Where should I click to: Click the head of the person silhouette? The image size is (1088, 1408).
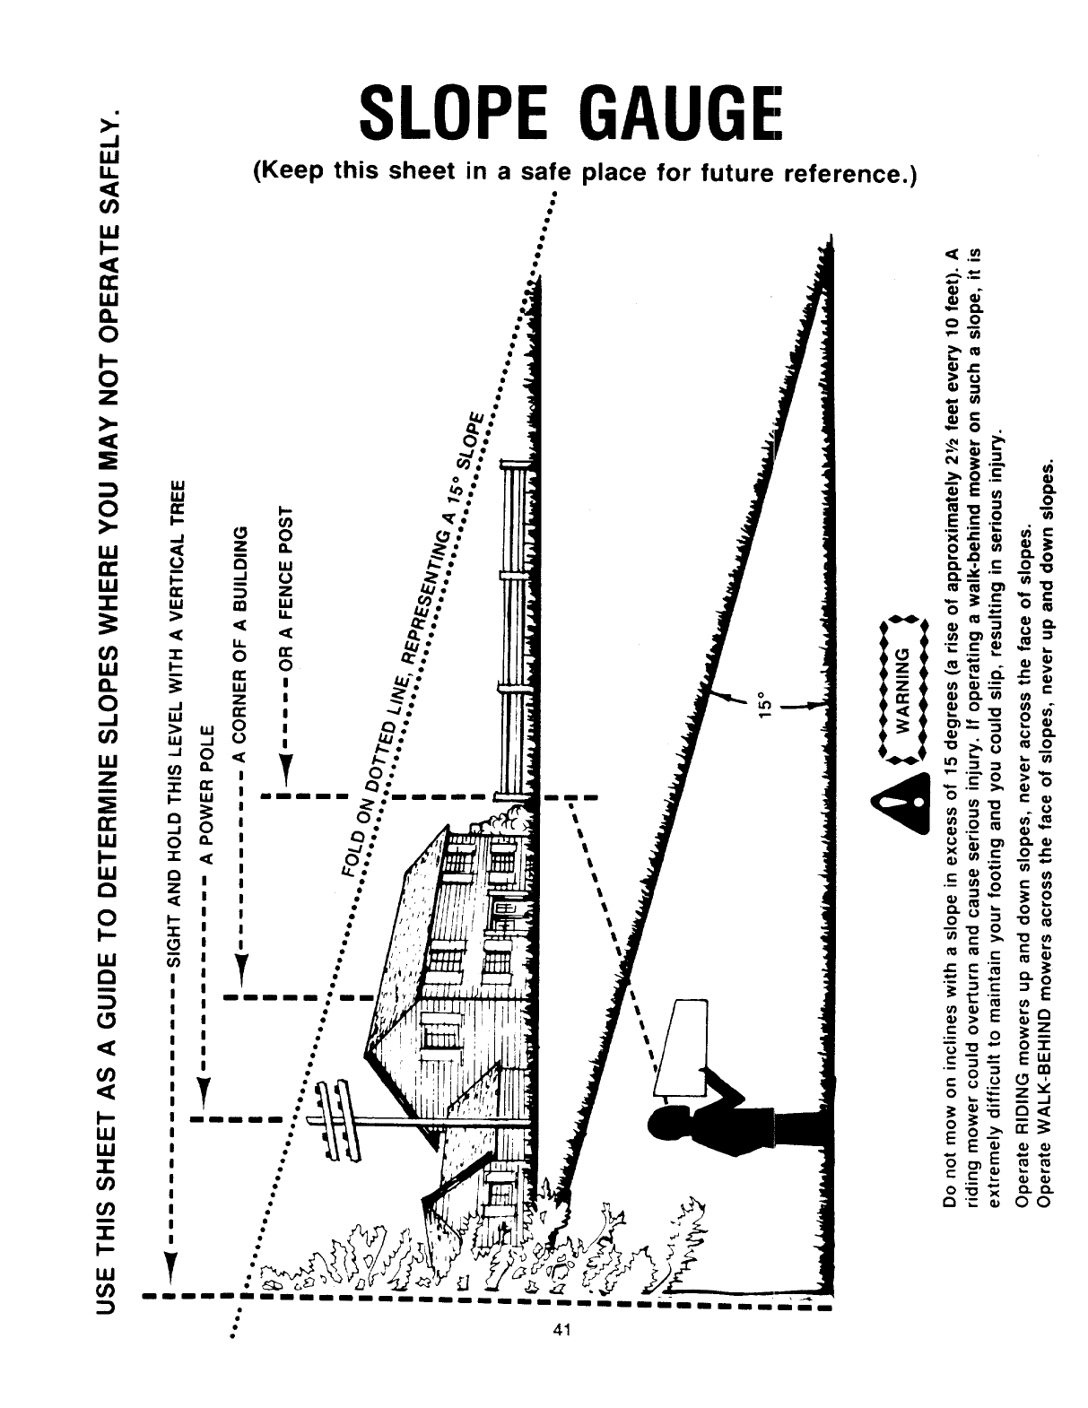(x=667, y=1132)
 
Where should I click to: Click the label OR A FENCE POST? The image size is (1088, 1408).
(x=286, y=587)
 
